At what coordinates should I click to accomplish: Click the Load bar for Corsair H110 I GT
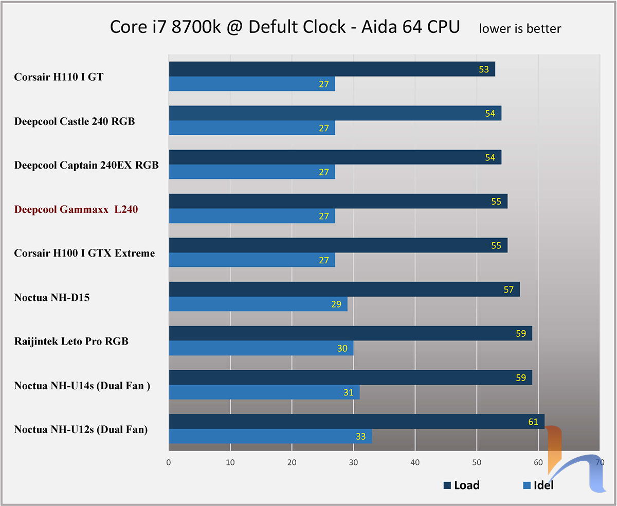(329, 69)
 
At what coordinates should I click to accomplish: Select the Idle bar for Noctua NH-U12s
(270, 436)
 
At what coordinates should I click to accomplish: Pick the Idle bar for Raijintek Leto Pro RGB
(261, 348)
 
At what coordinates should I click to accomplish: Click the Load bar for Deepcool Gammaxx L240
(337, 201)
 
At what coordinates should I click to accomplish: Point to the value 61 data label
(533, 422)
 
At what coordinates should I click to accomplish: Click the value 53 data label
(484, 69)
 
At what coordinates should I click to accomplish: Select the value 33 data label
(360, 437)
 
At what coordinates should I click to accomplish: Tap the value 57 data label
(509, 290)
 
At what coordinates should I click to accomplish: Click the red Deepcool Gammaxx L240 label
(76, 209)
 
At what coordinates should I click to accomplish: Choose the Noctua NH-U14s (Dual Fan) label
(82, 385)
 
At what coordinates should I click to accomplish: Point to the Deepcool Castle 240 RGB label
(75, 121)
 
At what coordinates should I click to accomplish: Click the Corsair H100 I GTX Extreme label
(84, 253)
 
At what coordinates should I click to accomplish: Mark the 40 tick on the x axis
(415, 462)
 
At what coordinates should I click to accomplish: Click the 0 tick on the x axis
(169, 462)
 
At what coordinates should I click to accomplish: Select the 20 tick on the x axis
(292, 462)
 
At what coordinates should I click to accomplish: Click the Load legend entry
(461, 485)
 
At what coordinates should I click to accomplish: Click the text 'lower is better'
(520, 29)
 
